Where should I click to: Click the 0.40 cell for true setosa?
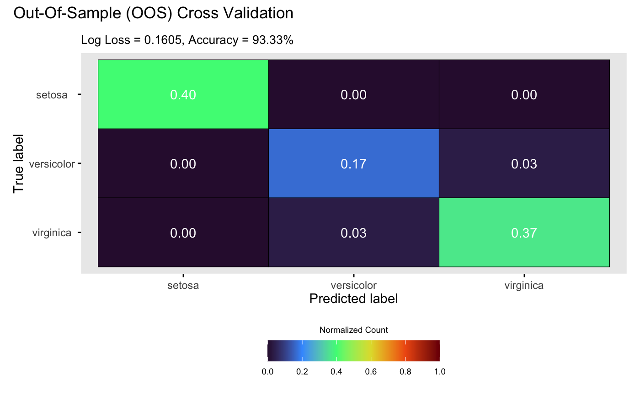point(183,95)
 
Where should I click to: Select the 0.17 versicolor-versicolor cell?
point(353,164)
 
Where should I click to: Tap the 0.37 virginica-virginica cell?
point(524,233)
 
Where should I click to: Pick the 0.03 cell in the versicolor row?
point(524,164)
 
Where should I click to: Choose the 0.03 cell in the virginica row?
point(353,233)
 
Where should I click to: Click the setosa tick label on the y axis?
point(52,95)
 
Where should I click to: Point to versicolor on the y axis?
point(52,164)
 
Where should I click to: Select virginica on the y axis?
point(52,233)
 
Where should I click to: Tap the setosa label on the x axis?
point(183,286)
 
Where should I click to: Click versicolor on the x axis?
point(353,286)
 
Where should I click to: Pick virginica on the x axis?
point(524,286)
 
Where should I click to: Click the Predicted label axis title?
point(353,299)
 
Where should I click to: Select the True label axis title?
point(18,163)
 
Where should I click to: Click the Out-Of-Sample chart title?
point(153,14)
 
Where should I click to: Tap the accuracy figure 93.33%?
point(273,40)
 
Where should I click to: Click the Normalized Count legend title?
point(353,330)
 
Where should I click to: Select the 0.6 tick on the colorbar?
point(371,372)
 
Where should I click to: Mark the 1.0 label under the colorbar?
point(439,372)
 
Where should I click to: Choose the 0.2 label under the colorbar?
point(302,372)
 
